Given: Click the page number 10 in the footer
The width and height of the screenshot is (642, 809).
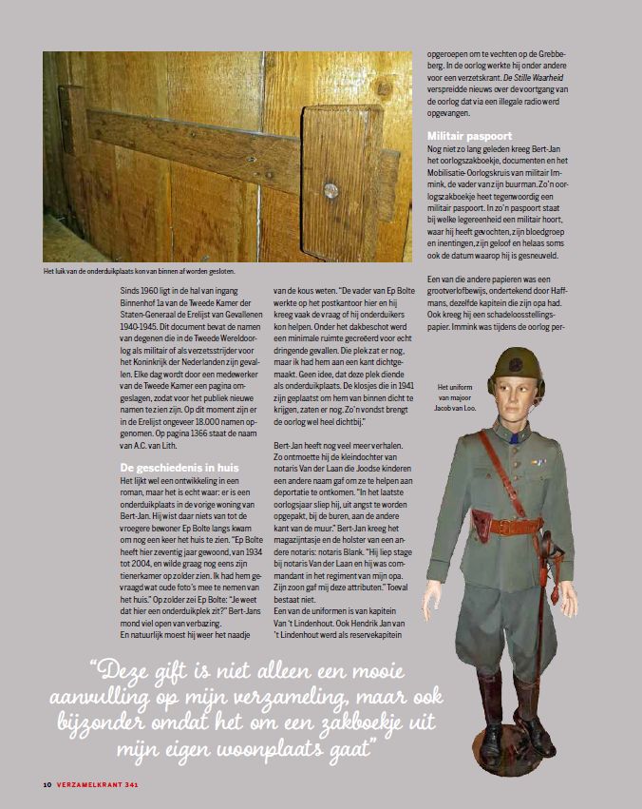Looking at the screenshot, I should [47, 785].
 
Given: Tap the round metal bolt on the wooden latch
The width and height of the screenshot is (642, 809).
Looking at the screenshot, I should [330, 191].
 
